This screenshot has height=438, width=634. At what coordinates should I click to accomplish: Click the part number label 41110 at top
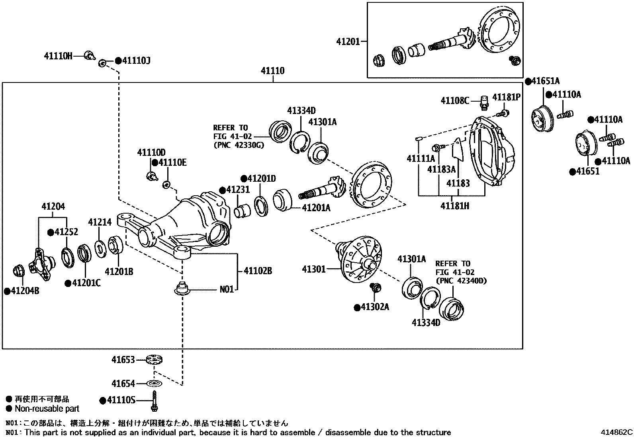pyautogui.click(x=273, y=71)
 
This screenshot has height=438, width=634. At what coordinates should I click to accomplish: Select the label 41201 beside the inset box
pyautogui.click(x=348, y=41)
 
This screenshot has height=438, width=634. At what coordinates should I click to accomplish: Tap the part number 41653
pyautogui.click(x=123, y=360)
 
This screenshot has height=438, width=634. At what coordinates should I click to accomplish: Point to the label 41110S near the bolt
pyautogui.click(x=121, y=400)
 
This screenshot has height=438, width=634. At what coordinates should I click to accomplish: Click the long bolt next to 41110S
pyautogui.click(x=155, y=401)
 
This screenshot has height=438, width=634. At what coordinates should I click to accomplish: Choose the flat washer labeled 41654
pyautogui.click(x=153, y=383)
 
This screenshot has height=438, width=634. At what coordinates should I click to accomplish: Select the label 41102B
pyautogui.click(x=257, y=271)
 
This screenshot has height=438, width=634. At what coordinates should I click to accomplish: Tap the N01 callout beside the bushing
pyautogui.click(x=227, y=289)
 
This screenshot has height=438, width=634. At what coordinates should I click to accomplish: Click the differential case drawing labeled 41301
pyautogui.click(x=359, y=259)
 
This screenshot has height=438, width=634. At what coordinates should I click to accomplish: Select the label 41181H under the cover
pyautogui.click(x=454, y=206)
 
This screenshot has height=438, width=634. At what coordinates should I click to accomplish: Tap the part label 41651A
pyautogui.click(x=545, y=81)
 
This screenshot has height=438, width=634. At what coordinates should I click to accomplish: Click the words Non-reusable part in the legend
pyautogui.click(x=47, y=409)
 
